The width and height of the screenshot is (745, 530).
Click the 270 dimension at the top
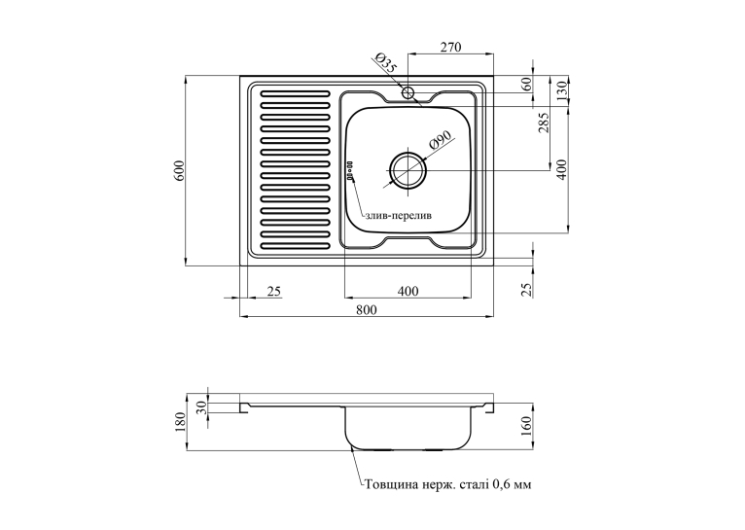point(451,47)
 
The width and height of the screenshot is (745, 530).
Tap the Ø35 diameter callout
point(385,62)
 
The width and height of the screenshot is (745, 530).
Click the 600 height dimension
point(179,170)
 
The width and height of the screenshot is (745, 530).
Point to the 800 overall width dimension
point(367,310)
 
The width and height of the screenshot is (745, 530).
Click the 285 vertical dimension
point(545,123)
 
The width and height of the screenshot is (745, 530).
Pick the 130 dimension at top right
point(562,90)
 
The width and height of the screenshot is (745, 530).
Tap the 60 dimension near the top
point(526,85)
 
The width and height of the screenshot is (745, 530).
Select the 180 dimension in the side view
point(179,422)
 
